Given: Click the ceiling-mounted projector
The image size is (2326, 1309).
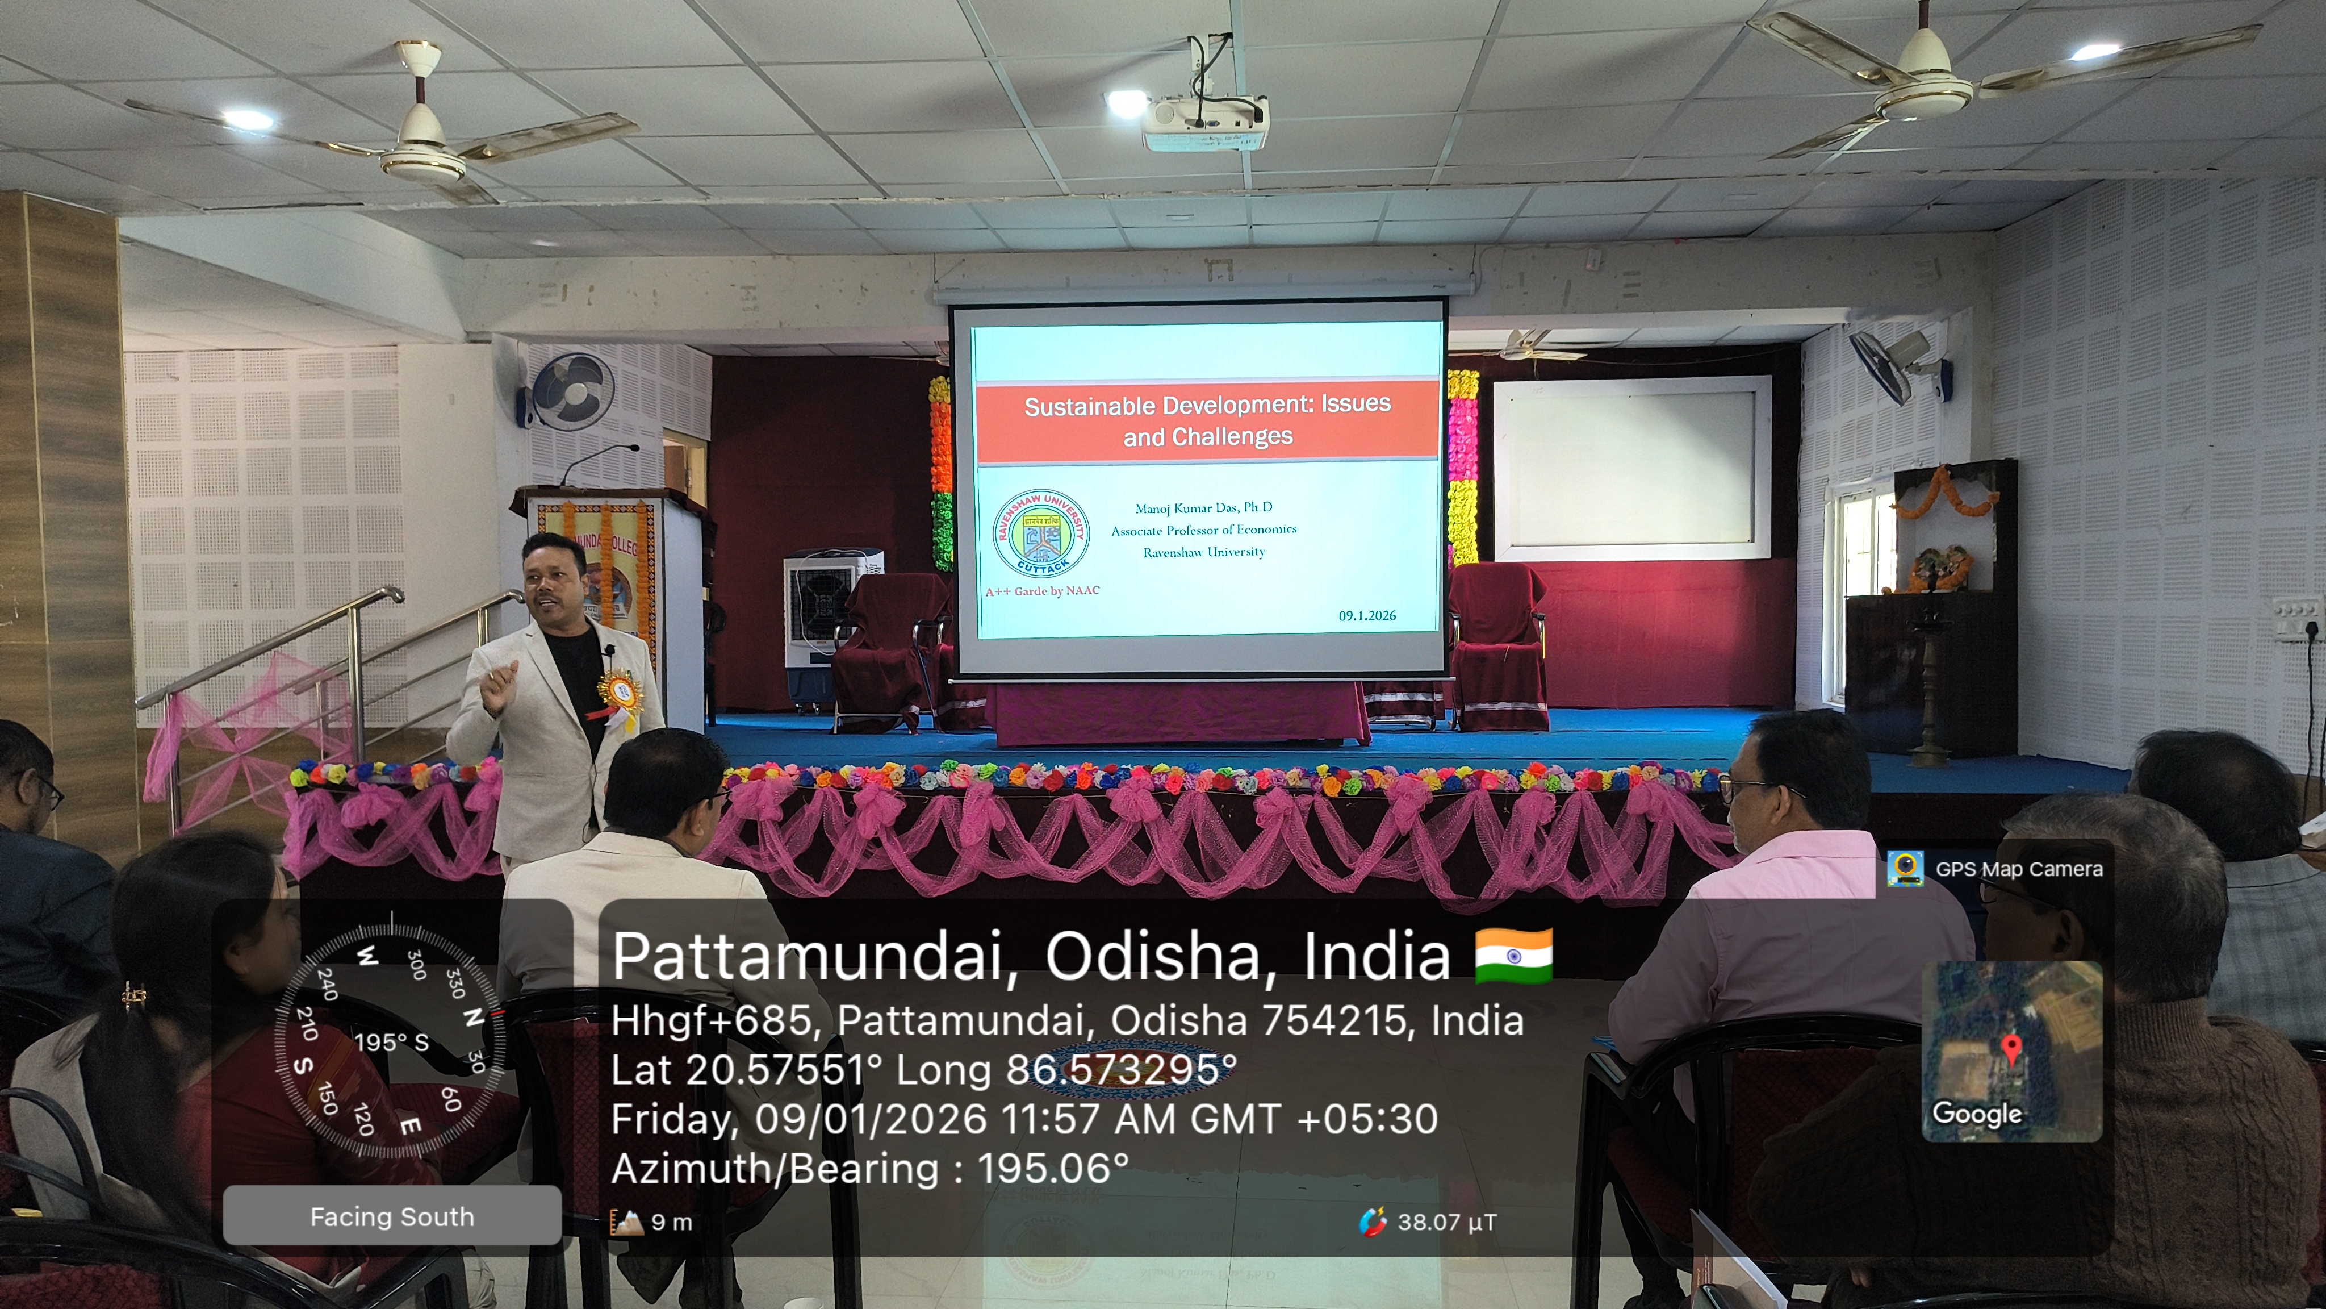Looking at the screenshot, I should pyautogui.click(x=1206, y=122).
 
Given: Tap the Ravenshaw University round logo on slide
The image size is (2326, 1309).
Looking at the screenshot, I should pyautogui.click(x=1040, y=534).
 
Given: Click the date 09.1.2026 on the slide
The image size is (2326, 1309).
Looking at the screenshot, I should pyautogui.click(x=1366, y=615).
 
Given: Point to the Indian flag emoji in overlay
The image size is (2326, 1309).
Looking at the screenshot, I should pyautogui.click(x=1513, y=956).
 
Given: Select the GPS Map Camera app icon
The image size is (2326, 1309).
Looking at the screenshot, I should pyautogui.click(x=1904, y=868).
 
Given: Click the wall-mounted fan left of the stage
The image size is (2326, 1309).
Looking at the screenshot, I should pyautogui.click(x=569, y=391).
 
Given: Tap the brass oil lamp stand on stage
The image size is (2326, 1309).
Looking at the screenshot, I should pyautogui.click(x=1933, y=686).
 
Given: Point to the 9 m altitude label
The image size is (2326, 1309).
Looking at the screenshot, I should pyautogui.click(x=671, y=1222).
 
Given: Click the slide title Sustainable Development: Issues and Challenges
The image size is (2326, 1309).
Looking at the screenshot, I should pyautogui.click(x=1207, y=420).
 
